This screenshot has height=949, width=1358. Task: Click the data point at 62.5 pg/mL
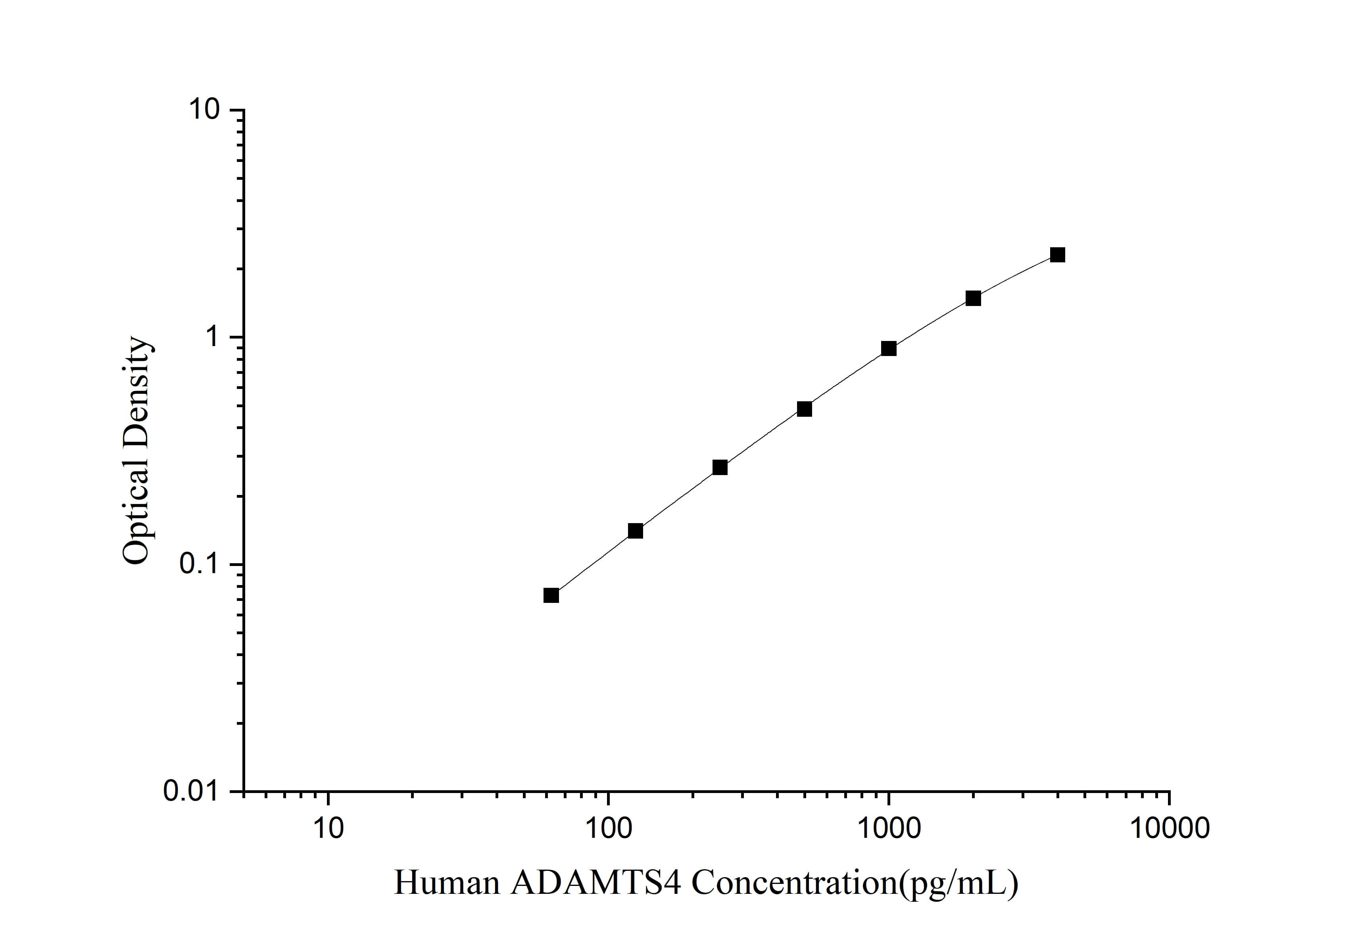tap(551, 595)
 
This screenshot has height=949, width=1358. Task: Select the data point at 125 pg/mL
tap(635, 531)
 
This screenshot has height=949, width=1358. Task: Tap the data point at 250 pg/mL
tap(720, 468)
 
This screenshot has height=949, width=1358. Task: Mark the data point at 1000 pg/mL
tap(888, 348)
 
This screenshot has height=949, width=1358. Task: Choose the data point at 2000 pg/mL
tap(973, 298)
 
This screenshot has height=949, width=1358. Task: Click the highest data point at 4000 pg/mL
tap(1058, 255)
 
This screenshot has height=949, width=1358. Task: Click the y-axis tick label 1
tap(213, 337)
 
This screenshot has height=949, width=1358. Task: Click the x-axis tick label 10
tap(328, 828)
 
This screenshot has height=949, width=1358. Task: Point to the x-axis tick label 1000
tap(888, 828)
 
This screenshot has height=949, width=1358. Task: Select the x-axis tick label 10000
tap(1169, 828)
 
